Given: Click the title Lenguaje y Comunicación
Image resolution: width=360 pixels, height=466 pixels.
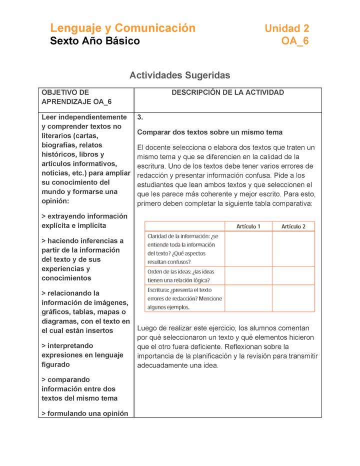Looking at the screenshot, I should pyautogui.click(x=122, y=28).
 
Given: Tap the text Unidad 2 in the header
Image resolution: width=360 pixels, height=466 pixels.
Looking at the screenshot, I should pyautogui.click(x=286, y=28).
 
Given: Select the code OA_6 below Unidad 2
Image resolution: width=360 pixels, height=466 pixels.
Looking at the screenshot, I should pyautogui.click(x=295, y=41).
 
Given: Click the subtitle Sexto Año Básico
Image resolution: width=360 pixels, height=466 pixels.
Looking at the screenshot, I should pyautogui.click(x=95, y=41).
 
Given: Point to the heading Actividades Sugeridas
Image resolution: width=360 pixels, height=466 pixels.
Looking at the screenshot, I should pyautogui.click(x=179, y=75).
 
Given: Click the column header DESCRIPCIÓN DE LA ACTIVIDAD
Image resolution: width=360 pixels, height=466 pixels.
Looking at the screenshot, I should pyautogui.click(x=227, y=92).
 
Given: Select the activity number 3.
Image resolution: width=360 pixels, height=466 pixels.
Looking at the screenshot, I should pyautogui.click(x=140, y=117).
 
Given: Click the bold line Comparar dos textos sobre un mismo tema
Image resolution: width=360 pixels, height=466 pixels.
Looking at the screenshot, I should pyautogui.click(x=210, y=132).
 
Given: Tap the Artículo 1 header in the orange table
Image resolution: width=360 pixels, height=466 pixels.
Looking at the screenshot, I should pyautogui.click(x=248, y=226).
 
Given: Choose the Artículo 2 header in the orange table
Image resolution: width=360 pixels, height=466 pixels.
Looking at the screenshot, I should pyautogui.click(x=293, y=226).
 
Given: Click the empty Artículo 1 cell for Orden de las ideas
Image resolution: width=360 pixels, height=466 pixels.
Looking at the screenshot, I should pyautogui.click(x=248, y=275).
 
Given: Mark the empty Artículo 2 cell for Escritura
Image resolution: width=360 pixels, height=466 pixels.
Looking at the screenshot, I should pyautogui.click(x=293, y=298).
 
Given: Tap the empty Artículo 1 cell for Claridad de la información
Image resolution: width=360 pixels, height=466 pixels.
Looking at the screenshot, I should pyautogui.click(x=248, y=249).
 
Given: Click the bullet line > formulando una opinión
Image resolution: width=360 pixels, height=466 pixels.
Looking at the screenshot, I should pyautogui.click(x=85, y=413).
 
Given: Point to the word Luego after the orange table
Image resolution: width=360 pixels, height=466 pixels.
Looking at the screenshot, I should pyautogui.click(x=147, y=328).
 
